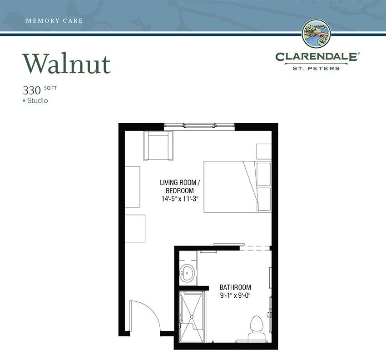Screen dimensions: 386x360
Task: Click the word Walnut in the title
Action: click(66, 63)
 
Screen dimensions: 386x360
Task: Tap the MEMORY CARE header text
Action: click(54, 21)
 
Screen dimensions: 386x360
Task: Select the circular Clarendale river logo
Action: click(317, 34)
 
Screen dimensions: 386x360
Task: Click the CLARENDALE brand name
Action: click(317, 57)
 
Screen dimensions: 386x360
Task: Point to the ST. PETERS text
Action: click(317, 68)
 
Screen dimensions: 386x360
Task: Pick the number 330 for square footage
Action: click(32, 90)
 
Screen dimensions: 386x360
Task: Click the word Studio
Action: click(37, 100)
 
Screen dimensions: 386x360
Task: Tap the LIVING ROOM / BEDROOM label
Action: click(180, 186)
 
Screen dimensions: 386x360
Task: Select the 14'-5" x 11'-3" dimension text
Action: click(180, 199)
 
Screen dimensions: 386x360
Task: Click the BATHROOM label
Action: click(235, 287)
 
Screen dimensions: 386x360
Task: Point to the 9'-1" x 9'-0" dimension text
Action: click(235, 295)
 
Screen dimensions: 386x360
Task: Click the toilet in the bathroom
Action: click(257, 329)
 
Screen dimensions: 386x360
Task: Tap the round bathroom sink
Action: click(188, 273)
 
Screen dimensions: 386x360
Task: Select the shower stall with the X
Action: click(192, 317)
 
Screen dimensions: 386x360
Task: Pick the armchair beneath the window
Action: click(158, 145)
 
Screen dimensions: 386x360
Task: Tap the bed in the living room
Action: click(238, 186)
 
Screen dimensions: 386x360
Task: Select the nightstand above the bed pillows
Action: click(264, 152)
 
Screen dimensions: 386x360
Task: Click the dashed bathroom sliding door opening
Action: click(256, 248)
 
